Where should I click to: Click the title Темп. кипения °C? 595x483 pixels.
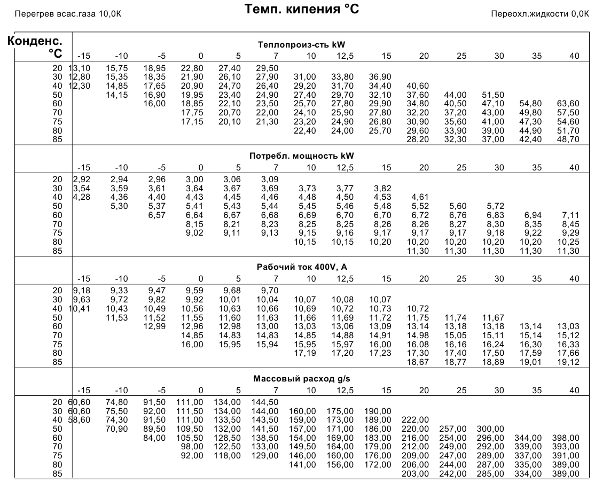[x=301, y=9]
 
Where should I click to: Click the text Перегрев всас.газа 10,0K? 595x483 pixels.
[x=68, y=14]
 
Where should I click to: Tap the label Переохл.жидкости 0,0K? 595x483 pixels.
[x=540, y=14]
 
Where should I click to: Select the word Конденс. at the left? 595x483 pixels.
[x=35, y=41]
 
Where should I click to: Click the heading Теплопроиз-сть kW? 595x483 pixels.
[x=301, y=45]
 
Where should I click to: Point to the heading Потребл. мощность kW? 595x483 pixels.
[x=301, y=155]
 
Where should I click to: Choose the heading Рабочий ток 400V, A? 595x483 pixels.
[x=302, y=267]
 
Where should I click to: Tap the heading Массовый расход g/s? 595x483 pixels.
[x=302, y=379]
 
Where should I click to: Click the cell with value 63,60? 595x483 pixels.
[x=568, y=104]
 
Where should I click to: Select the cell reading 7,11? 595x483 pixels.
[x=571, y=215]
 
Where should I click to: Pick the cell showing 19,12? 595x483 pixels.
[x=568, y=362]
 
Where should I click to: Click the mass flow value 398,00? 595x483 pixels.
[x=566, y=438]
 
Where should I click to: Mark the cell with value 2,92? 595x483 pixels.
[x=82, y=179]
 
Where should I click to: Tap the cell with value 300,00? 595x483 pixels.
[x=491, y=429]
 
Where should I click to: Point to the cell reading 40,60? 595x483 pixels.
[x=418, y=86]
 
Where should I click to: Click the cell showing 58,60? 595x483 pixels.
[x=79, y=420]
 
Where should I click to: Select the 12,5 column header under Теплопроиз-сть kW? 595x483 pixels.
[x=345, y=56]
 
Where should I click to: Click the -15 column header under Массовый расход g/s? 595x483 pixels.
[x=84, y=391]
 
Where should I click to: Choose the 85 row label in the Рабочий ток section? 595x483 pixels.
[x=57, y=362]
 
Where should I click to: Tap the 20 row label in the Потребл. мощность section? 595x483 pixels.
[x=57, y=179]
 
